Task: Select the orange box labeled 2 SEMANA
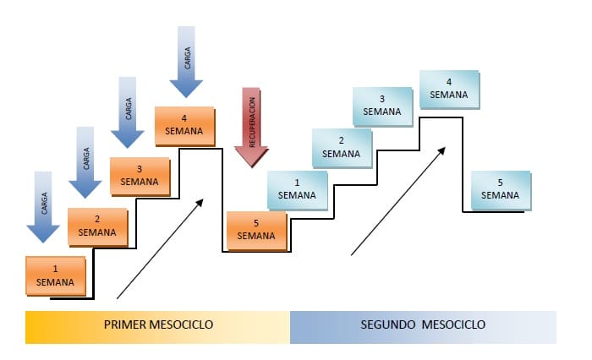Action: (97, 226)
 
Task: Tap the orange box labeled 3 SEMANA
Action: (140, 175)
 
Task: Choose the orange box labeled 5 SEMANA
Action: (256, 229)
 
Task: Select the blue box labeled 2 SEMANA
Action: (341, 147)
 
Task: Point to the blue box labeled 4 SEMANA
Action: (448, 88)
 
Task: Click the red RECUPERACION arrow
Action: (251, 127)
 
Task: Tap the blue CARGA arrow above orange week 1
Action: (42, 205)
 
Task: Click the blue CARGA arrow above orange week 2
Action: (85, 161)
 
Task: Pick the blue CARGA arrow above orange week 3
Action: (128, 112)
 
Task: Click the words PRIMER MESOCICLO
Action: (158, 325)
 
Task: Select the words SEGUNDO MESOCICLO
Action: (423, 325)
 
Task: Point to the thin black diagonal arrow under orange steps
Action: (161, 248)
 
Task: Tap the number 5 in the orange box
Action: (256, 223)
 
